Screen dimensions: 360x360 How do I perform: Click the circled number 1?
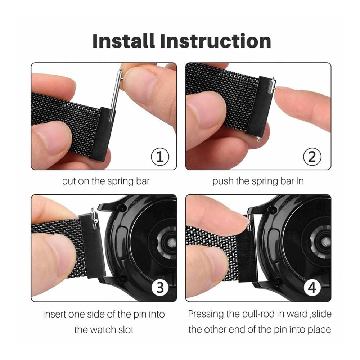[x=160, y=157]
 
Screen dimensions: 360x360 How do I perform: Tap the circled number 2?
[x=312, y=157]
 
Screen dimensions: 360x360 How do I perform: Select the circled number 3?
[x=160, y=288]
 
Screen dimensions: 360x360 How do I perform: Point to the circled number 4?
[x=312, y=288]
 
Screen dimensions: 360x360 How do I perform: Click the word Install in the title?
[x=123, y=41]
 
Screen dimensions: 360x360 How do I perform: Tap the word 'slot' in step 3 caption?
[x=126, y=330]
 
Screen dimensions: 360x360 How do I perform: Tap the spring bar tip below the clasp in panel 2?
[x=258, y=139]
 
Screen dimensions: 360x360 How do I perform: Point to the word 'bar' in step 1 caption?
[x=143, y=181]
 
